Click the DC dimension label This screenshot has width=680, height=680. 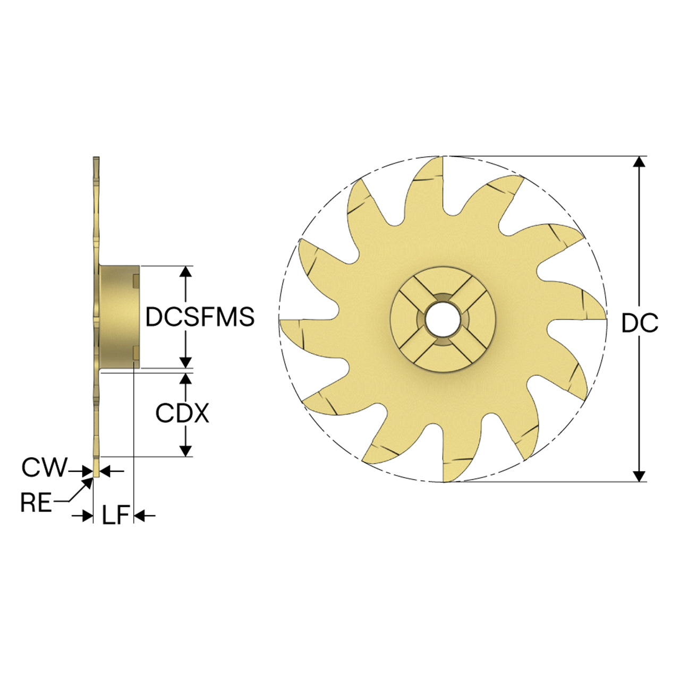(640, 323)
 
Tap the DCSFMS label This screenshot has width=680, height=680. (200, 317)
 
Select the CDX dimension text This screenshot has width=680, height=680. (182, 413)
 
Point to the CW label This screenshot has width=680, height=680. (44, 467)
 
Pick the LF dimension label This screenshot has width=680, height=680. (116, 515)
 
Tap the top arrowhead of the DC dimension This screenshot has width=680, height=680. (639, 161)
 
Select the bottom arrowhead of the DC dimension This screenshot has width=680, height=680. (639, 477)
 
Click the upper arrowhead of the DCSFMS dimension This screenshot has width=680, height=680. (185, 271)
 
